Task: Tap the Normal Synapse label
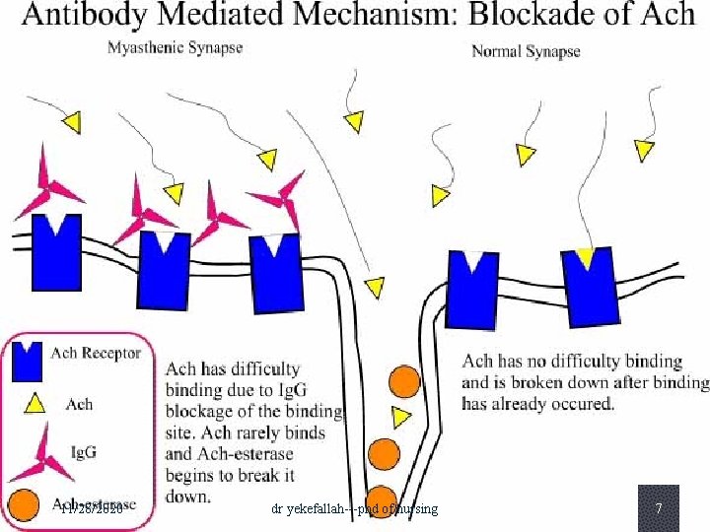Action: [526, 50]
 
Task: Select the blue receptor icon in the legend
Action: [29, 361]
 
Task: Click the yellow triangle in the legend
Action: [31, 403]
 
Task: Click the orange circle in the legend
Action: [24, 503]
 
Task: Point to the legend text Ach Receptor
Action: [96, 353]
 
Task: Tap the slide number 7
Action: [658, 508]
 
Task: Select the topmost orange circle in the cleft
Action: [403, 380]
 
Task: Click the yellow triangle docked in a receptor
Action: [586, 259]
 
